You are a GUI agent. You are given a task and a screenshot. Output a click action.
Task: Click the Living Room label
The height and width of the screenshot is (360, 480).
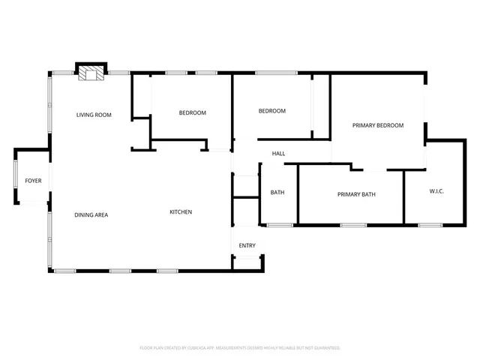pos(94,115)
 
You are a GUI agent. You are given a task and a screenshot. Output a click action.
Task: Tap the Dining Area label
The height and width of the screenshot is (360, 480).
pos(91,215)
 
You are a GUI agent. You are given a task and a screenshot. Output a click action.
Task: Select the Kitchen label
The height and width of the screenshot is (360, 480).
pos(181,212)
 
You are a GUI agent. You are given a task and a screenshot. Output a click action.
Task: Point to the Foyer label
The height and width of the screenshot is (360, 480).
pos(33,181)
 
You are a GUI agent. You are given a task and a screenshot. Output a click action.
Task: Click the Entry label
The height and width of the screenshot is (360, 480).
pos(247,246)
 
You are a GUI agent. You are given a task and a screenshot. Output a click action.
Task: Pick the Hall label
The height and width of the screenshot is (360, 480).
pos(278,154)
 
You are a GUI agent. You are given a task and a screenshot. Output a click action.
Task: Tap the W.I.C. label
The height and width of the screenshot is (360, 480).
pos(436,192)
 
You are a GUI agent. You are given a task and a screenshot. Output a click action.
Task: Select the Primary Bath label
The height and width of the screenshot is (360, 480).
pos(356,195)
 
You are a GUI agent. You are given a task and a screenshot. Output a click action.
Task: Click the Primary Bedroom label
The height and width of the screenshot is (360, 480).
pos(378,125)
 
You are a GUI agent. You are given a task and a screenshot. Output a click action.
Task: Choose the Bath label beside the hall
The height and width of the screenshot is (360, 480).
pos(277,193)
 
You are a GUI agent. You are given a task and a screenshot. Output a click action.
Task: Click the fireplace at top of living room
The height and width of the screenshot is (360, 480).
pos(92,72)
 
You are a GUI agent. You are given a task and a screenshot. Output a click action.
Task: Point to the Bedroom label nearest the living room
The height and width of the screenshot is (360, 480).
pos(192,113)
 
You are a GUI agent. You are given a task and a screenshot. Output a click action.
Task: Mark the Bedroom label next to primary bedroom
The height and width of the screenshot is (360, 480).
pos(272,111)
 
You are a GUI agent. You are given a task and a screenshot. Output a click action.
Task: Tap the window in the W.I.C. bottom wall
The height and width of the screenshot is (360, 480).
pos(430,224)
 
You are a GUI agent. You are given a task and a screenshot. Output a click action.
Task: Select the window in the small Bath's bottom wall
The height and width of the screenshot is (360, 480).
pos(280,224)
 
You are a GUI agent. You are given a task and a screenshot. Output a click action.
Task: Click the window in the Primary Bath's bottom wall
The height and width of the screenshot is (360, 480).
pos(353,224)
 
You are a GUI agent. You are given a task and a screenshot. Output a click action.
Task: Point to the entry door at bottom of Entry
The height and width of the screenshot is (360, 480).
pos(247,257)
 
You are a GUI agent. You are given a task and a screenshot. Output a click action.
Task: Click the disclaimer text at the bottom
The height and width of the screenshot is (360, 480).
pos(240,348)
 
